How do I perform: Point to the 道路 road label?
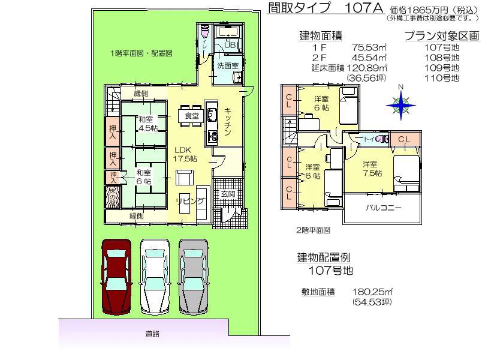[x=152, y=334]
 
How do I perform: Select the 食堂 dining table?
[x=191, y=116]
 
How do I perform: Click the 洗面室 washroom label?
[x=228, y=65]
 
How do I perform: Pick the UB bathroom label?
[x=230, y=45]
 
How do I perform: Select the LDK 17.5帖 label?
[x=185, y=155]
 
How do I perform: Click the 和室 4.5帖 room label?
[x=146, y=124]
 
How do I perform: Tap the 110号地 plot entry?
[x=441, y=78]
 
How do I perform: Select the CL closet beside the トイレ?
[x=404, y=139]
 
